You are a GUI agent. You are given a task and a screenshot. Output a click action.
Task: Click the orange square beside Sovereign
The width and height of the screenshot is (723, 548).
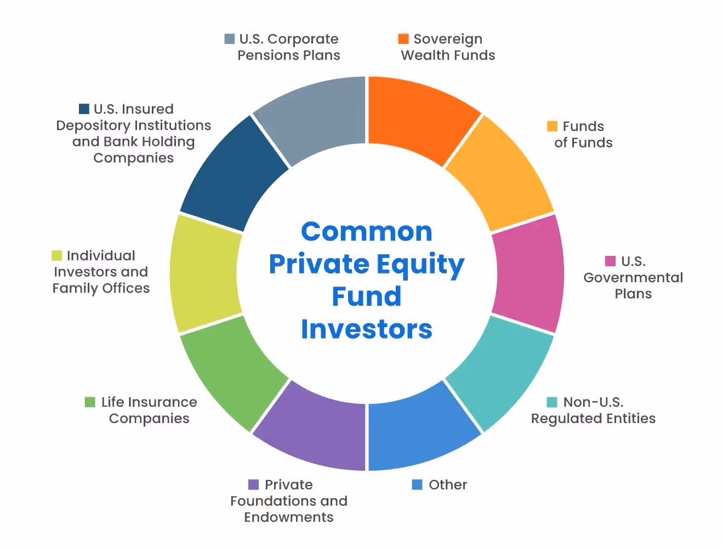[403, 39]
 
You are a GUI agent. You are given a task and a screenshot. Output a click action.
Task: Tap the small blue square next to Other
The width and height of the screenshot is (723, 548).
[417, 485]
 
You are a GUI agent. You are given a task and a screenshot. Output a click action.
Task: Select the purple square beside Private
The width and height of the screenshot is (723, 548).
[253, 485]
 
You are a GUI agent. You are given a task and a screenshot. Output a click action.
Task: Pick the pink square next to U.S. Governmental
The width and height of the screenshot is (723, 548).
[610, 261]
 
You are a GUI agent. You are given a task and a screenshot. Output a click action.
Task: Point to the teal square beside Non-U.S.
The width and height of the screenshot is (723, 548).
[552, 402]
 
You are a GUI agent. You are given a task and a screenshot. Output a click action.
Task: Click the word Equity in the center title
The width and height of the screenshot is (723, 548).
[417, 265]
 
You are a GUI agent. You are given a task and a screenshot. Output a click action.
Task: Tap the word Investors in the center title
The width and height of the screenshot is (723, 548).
[366, 329]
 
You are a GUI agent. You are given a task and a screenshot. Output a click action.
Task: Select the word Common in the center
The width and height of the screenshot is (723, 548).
[366, 232]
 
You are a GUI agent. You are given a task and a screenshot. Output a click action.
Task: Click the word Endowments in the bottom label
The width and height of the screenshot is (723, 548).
[288, 517]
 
